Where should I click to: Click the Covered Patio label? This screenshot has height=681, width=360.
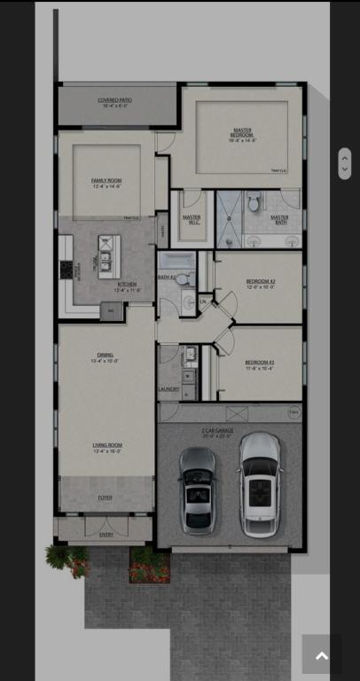(115, 102)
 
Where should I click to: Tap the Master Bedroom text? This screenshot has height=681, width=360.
(241, 135)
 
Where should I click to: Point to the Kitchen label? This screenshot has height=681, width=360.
(126, 286)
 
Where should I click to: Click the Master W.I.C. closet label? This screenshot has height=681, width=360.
(192, 219)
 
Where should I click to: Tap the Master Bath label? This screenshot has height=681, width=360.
(279, 219)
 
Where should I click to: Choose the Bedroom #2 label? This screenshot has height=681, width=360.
(260, 283)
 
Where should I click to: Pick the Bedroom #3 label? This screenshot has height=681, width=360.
(260, 363)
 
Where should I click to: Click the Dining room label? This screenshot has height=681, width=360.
(105, 357)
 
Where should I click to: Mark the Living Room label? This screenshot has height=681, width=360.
(107, 447)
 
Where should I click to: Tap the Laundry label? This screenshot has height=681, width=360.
(168, 388)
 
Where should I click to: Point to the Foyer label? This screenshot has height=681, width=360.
(105, 497)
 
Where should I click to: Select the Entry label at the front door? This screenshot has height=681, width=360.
(106, 535)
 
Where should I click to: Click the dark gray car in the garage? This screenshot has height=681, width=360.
(197, 488)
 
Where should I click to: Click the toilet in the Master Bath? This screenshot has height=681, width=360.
(254, 203)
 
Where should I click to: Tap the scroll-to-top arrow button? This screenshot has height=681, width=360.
(321, 655)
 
